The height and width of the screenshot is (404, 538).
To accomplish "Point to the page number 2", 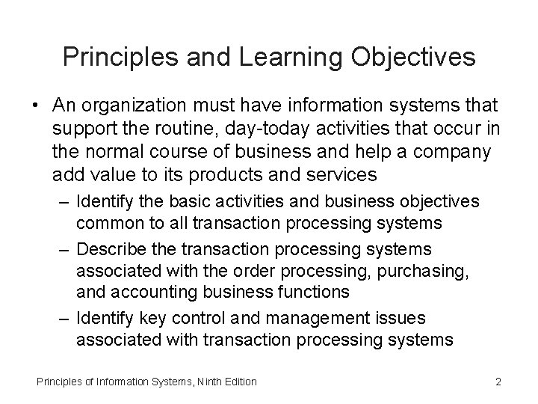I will (498, 382).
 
